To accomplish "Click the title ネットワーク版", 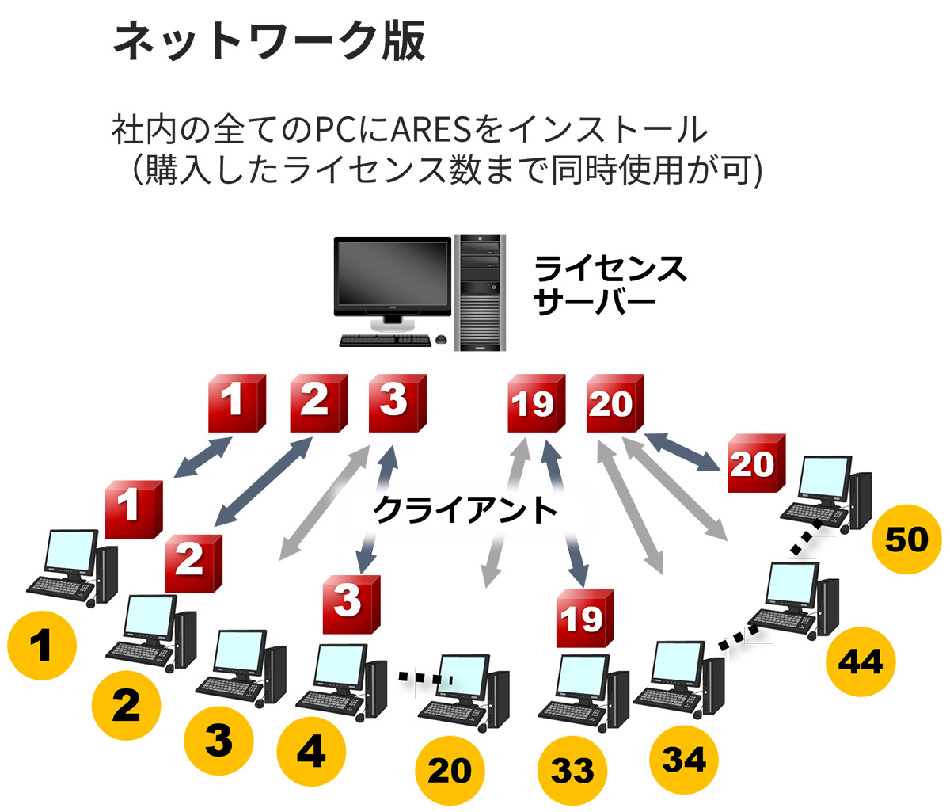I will click(x=269, y=41).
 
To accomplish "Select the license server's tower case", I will click(x=481, y=293).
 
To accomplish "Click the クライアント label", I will click(x=465, y=510).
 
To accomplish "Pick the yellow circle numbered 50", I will click(x=906, y=539).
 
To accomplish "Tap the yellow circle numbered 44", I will click(x=861, y=661).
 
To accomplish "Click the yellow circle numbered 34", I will click(x=683, y=759).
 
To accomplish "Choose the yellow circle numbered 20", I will click(x=450, y=770).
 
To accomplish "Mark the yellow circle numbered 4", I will click(x=311, y=749).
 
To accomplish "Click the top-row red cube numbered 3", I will click(x=397, y=402).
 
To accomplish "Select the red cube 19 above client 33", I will click(x=584, y=619).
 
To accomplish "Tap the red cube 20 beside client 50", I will click(x=754, y=463).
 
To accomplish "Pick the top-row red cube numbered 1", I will click(x=234, y=402).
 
